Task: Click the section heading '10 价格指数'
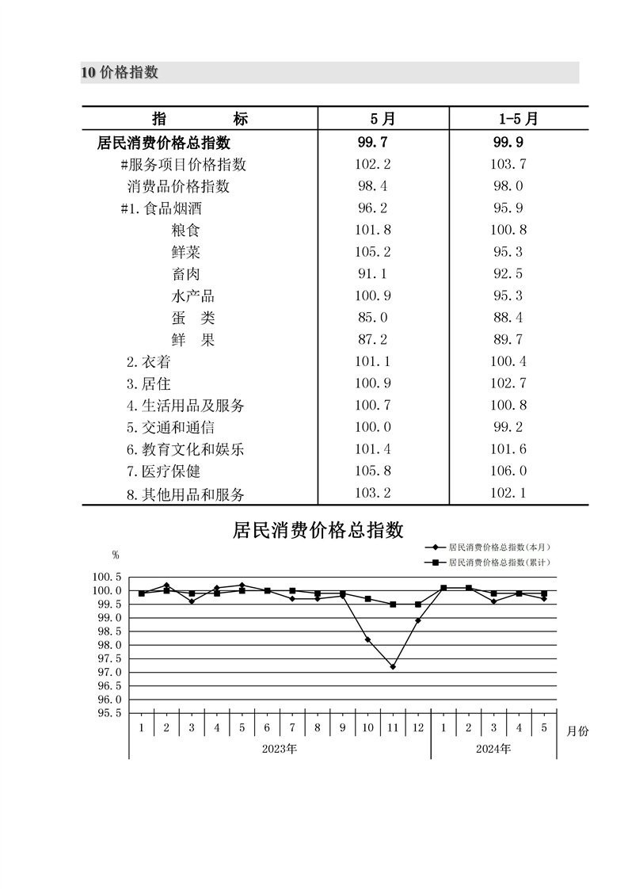120,73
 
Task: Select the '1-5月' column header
518,119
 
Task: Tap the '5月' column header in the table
383,119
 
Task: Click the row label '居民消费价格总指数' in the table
164,143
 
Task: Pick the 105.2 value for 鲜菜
374,252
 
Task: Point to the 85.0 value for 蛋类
374,318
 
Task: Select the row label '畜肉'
185,274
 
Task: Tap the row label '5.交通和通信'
169,428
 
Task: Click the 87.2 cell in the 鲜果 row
374,340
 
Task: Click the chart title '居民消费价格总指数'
318,529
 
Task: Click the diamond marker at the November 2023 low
393,666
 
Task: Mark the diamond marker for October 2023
367,639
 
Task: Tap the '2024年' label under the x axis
494,749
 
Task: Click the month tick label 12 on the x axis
418,727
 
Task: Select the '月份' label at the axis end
577,731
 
